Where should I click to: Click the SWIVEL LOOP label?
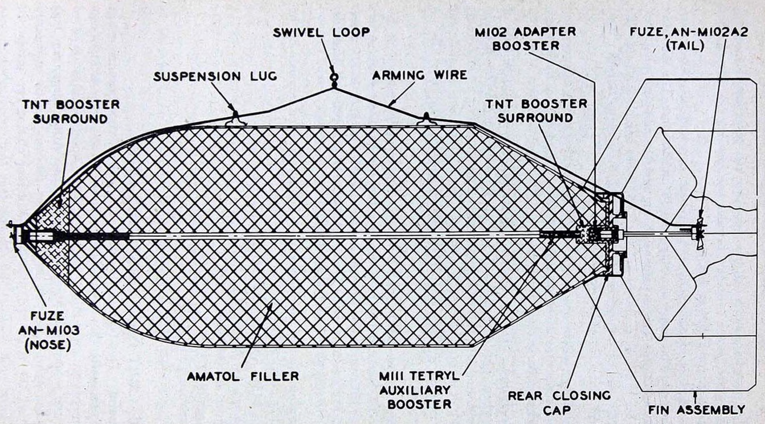321,32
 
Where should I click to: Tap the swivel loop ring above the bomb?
334,77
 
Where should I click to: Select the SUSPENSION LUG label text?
215,76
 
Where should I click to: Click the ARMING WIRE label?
420,75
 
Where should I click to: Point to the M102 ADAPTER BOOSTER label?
525,39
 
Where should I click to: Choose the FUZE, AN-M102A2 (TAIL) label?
689,39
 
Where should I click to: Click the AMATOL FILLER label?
243,376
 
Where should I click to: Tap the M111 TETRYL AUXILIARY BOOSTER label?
419,390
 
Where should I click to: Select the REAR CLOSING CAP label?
559,402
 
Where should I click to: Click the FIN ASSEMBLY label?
697,410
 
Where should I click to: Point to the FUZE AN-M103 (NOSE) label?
48,331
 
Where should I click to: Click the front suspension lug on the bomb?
236,119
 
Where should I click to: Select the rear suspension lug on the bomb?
426,119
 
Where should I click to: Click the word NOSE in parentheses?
48,345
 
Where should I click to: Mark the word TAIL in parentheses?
685,46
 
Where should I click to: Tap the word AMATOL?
214,376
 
